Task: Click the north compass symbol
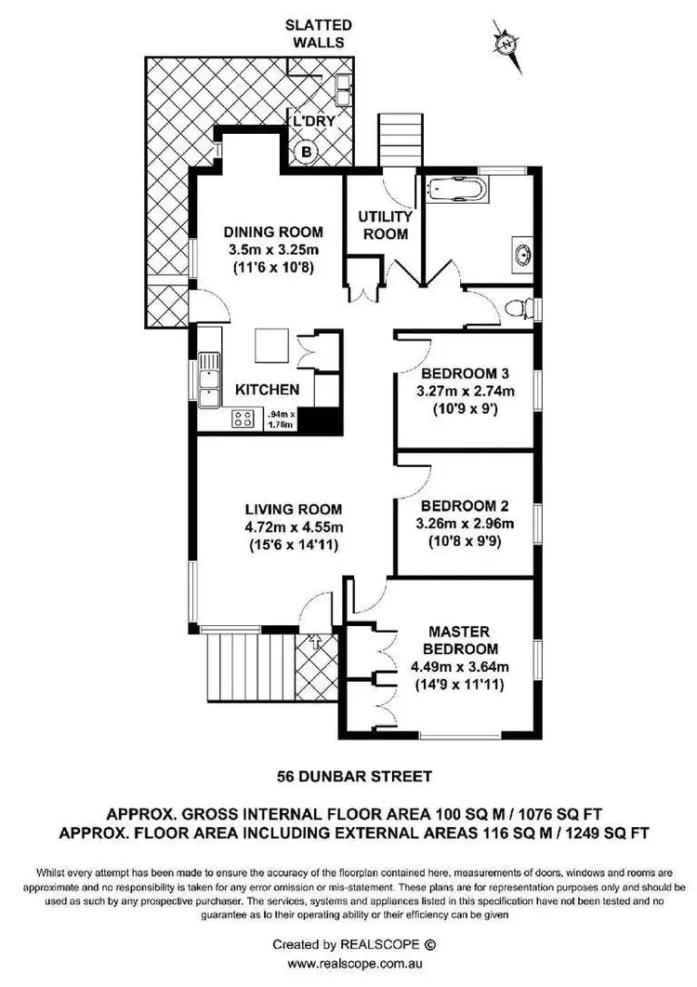[x=507, y=44]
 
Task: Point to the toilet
[x=520, y=308]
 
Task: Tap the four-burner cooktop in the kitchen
[x=244, y=418]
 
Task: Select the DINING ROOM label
[x=274, y=233]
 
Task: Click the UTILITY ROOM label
[x=384, y=225]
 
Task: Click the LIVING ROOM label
[x=294, y=509]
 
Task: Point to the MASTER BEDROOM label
[x=460, y=640]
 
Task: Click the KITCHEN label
[x=267, y=390]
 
